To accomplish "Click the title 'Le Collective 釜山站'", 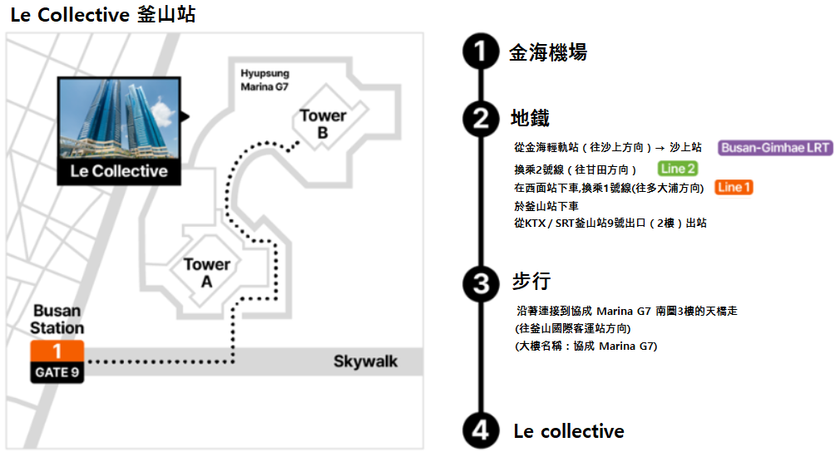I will pos(103,14).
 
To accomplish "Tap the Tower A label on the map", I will pos(207,273).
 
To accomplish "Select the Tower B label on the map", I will pos(323,124).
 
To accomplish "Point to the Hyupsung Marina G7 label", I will pos(264,80).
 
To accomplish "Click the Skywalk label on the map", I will pos(365,361).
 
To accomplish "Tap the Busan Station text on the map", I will pos(57,319).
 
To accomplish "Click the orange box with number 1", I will pos(57,351).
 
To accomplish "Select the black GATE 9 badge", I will pos(57,372).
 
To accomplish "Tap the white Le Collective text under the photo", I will pos(118,171).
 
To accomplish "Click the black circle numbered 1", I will pos(481,52).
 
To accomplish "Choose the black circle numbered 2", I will pos(481,118).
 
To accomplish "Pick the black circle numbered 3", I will pos(481,283).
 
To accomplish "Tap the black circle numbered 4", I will pos(481,430).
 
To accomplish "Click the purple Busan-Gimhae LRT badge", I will pos(775,148).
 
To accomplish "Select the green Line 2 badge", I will pos(678,169).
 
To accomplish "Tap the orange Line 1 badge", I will pos(734,187).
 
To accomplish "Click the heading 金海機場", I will pos(548,52).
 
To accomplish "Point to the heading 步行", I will pos(531,282).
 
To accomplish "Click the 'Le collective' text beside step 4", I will pos(569,430).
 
